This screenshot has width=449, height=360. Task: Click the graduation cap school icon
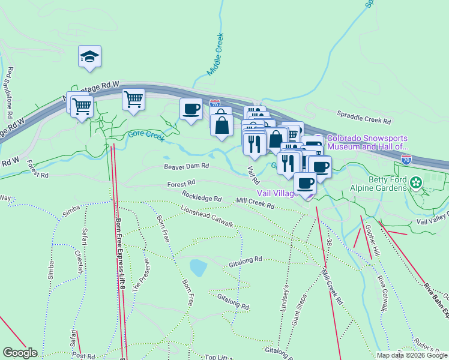[x=89, y=57]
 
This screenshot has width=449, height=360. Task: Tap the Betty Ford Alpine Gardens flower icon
[x=417, y=181]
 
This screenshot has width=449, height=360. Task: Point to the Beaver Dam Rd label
[x=186, y=166]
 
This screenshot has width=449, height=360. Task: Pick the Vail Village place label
[x=277, y=193]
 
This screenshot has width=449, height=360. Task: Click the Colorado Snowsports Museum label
[x=367, y=142]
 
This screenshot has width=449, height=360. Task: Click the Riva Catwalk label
[x=382, y=294]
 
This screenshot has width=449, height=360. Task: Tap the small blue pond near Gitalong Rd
[x=197, y=266]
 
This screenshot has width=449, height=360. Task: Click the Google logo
[x=20, y=353]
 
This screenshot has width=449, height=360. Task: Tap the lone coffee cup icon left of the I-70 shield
[x=191, y=109]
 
